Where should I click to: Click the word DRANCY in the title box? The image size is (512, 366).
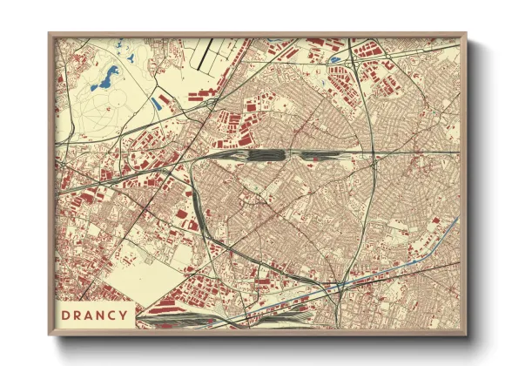(x=95, y=315)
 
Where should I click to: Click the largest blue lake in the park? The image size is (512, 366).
(x=110, y=81)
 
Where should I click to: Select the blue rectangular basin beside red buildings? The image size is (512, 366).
(x=155, y=103)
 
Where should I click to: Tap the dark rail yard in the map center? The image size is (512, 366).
(x=266, y=155)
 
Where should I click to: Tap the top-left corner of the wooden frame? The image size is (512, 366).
(x=51, y=36)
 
